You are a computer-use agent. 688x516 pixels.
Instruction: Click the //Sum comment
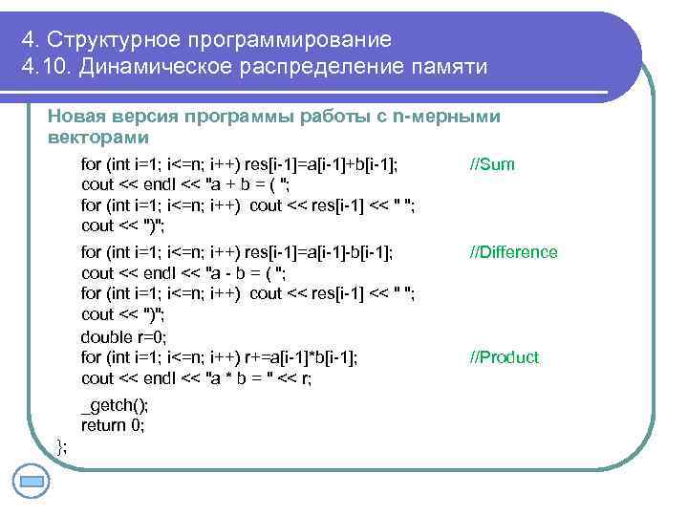click(x=492, y=164)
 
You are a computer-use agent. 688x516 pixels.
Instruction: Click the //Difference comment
click(x=512, y=252)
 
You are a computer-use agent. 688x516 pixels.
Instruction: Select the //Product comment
click(x=504, y=357)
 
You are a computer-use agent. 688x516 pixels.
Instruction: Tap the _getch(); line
click(x=114, y=405)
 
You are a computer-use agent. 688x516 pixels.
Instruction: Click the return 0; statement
click(x=113, y=426)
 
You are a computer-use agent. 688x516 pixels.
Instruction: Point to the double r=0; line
click(x=124, y=336)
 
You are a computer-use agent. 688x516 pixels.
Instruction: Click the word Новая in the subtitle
click(x=75, y=117)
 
